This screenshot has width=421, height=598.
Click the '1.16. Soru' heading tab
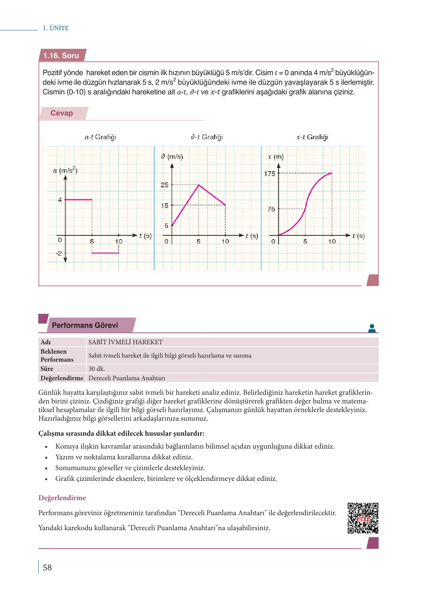(62, 56)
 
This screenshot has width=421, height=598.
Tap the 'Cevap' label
(62, 113)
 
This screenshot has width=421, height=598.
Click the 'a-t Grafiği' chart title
(100, 137)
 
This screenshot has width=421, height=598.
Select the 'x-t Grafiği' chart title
(312, 137)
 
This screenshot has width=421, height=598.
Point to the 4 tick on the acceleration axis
(60, 200)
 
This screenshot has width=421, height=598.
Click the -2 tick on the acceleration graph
(59, 253)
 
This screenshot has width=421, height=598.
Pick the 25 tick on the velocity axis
(165, 185)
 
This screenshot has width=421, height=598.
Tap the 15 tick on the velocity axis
(165, 205)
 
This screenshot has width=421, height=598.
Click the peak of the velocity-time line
(198, 185)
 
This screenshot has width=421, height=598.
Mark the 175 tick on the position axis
(269, 173)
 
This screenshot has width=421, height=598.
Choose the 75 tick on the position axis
(271, 209)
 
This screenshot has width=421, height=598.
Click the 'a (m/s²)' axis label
(65, 170)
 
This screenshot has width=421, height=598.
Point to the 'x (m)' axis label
(276, 157)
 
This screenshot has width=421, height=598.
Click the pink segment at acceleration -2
(105, 253)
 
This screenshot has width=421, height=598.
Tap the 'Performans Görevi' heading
(85, 325)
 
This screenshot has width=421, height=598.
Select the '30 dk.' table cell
(97, 369)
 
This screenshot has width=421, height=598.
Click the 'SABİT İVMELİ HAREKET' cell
(125, 342)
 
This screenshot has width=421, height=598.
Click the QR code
(363, 518)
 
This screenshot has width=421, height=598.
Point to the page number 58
(47, 567)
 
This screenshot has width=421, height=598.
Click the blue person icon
(372, 328)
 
